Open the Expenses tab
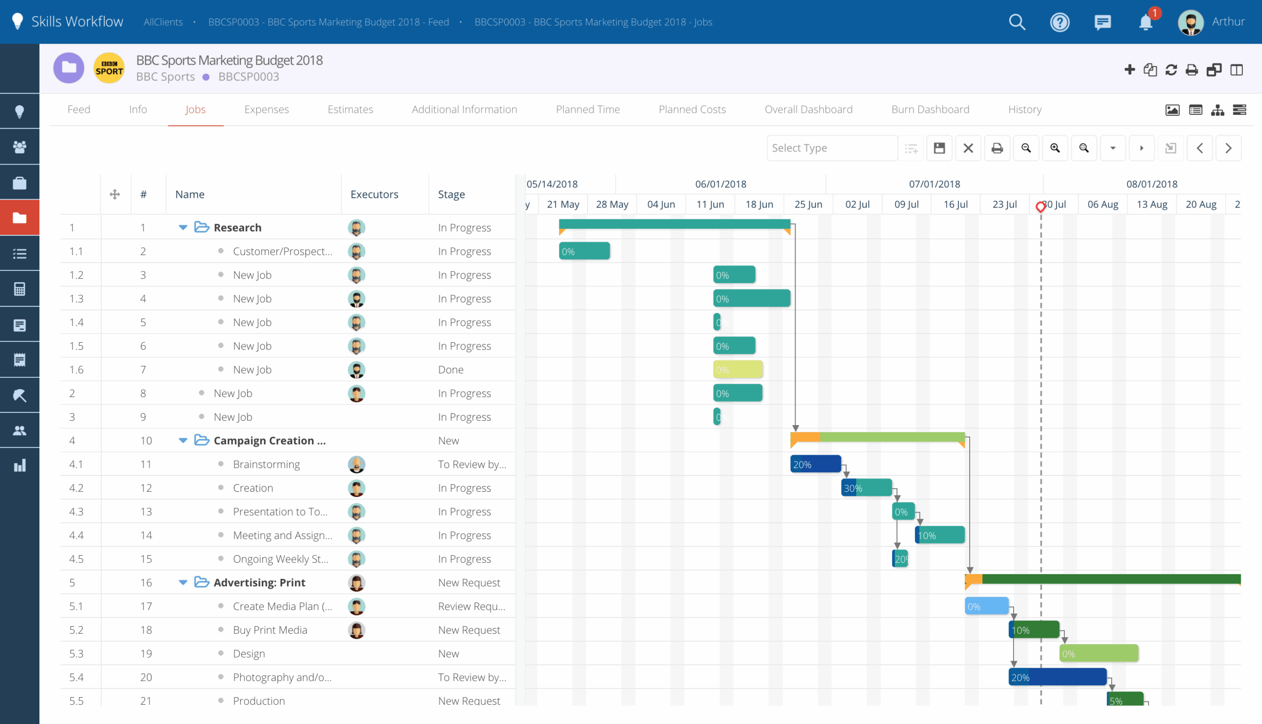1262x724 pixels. coord(266,109)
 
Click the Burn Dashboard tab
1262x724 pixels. coord(929,109)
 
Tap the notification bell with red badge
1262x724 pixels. coord(1145,22)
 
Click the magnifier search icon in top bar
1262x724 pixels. coord(1017,22)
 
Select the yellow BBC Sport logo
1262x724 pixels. coord(109,68)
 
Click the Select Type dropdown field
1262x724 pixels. coord(831,148)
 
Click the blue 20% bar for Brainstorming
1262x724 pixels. coord(815,465)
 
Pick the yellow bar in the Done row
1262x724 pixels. coord(737,369)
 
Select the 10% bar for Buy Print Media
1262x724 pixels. coord(1033,630)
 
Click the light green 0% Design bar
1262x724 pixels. coord(1098,654)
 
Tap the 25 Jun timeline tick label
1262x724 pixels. coord(807,204)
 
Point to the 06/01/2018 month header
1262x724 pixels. coord(720,184)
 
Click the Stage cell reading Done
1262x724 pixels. coord(450,369)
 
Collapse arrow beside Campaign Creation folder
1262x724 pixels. coord(183,440)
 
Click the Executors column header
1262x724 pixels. coord(374,194)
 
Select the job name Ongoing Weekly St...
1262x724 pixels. coord(280,559)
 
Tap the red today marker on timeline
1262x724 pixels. coord(1040,207)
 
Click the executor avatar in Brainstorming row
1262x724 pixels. coord(356,465)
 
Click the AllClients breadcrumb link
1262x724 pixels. coord(163,22)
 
